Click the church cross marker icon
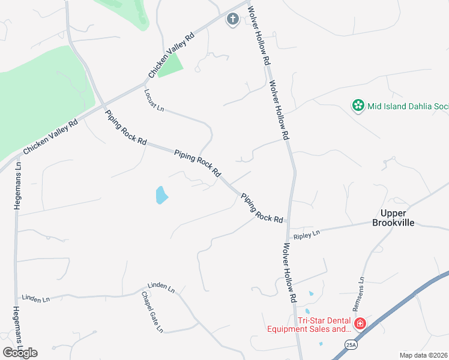tap(232, 20)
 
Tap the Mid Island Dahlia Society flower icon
tap(358, 106)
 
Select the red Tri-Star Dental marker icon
tap(360, 324)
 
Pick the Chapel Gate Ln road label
tap(152, 312)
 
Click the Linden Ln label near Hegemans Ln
tap(35, 298)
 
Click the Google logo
tap(20, 352)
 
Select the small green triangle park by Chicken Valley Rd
tap(170, 65)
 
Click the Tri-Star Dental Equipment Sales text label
tap(309, 325)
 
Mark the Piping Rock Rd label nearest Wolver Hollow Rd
tap(262, 208)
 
